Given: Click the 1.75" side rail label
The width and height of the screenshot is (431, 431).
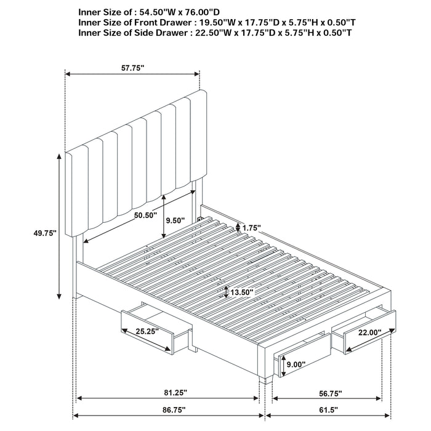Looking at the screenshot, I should pos(251,228).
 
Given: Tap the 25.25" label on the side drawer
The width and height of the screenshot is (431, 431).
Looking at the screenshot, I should pos(148,331).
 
